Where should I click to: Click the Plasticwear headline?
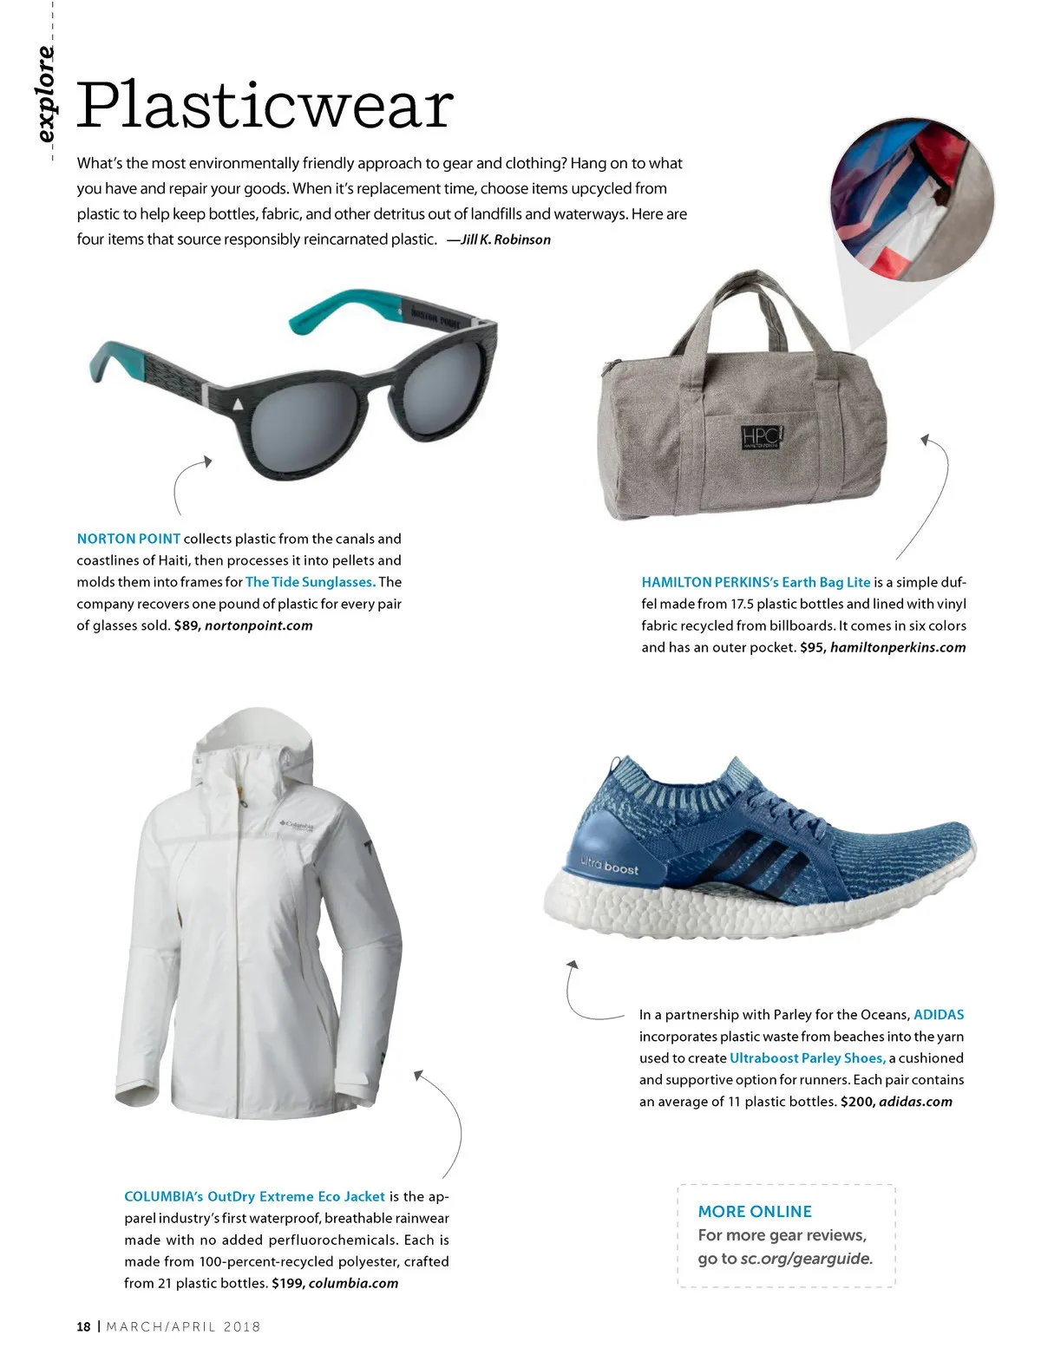(265, 105)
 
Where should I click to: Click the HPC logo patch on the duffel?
(761, 437)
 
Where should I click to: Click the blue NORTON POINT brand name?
(128, 539)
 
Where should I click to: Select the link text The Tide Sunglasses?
(310, 582)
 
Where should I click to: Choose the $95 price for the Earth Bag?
(811, 647)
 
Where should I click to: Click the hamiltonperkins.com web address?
(898, 647)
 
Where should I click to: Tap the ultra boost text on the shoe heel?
(609, 865)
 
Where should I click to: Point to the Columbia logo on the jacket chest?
(297, 826)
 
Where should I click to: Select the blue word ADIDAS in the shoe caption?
(939, 1015)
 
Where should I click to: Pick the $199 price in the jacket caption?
(287, 1283)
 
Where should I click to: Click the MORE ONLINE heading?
(755, 1212)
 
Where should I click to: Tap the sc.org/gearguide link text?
(806, 1259)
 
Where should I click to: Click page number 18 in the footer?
(83, 1326)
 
